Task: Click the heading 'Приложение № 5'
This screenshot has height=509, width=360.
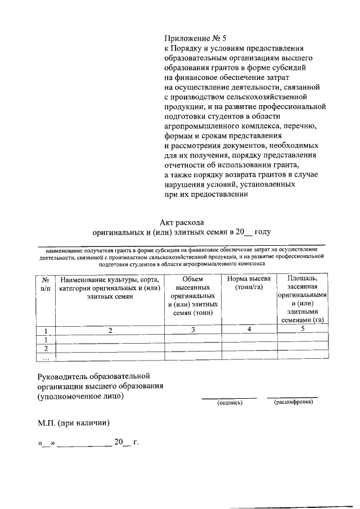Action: coord(195,39)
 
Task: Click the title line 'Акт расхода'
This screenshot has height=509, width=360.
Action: coord(182,222)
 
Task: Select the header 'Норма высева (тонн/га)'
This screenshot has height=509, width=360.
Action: coord(249,283)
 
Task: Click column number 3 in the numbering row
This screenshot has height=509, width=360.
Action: coord(193,330)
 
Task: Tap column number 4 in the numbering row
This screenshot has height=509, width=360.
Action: coord(249,329)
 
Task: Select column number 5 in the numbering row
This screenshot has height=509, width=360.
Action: coord(303,329)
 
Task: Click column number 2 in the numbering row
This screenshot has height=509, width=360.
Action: coord(111,331)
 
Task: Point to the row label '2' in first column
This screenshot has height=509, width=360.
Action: coord(46,348)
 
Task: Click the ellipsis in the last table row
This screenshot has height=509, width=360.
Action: coord(46,357)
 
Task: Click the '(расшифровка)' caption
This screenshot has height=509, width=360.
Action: coord(292,402)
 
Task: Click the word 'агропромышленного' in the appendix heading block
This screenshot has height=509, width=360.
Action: coord(199,127)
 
